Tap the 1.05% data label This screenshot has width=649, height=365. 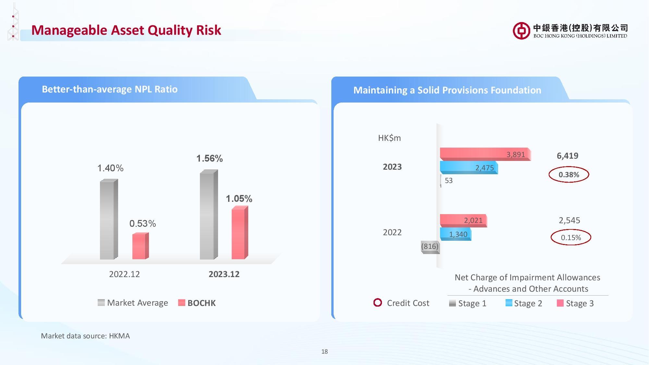click(239, 199)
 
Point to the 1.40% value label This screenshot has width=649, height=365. click(110, 168)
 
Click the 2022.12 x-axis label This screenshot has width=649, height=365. click(124, 274)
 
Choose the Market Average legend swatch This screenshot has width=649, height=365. click(101, 303)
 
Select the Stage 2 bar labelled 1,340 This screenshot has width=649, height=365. click(455, 234)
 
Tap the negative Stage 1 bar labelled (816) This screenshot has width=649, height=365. click(430, 247)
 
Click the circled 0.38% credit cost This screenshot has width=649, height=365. click(569, 175)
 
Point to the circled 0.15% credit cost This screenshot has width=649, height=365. click(570, 237)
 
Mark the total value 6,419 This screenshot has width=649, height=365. click(567, 156)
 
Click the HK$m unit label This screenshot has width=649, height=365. click(389, 138)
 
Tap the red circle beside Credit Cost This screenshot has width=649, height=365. click(378, 303)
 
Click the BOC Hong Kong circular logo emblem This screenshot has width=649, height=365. click(521, 31)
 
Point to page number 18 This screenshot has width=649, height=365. click(324, 351)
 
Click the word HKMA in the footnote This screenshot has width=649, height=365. click(119, 336)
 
